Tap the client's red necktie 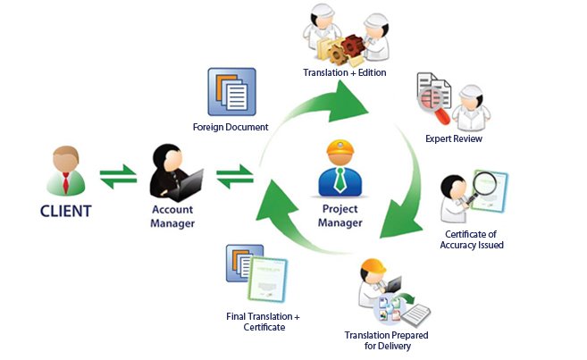click(64, 182)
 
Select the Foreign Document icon click(231, 91)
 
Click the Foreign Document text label click(231, 127)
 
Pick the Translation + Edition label click(345, 72)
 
